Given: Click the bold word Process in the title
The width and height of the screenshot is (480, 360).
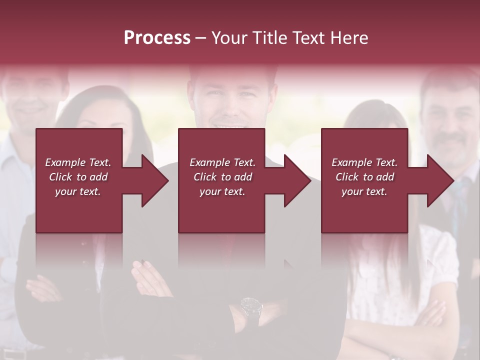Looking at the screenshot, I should pos(157,37).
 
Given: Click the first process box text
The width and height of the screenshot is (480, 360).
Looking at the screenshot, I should pos(78,177).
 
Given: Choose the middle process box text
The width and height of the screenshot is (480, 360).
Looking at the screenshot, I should pos(222,177).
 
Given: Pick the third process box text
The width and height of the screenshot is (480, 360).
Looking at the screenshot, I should pos(364,177).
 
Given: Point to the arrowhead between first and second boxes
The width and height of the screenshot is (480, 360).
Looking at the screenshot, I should pos(155,180).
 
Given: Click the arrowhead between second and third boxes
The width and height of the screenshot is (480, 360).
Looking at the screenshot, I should pos(297,180).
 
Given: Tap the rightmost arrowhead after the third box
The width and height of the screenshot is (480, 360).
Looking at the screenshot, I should pos(440,180).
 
